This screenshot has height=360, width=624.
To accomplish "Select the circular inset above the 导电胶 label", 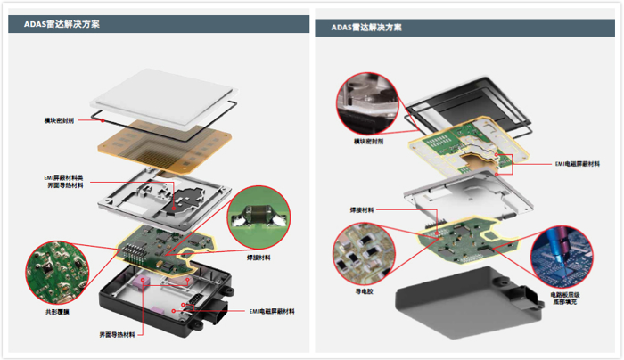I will [361, 249].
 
